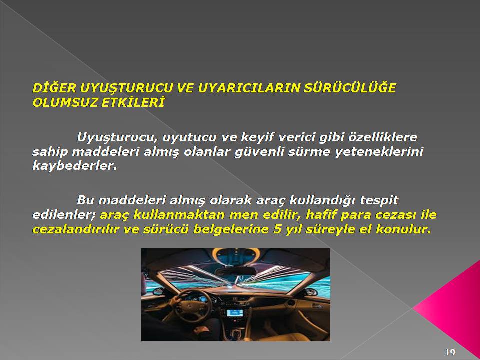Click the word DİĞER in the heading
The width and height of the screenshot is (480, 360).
pos(54,88)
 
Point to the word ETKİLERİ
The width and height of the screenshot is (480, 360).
pos(133,103)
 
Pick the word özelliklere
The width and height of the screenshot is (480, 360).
pos(382,137)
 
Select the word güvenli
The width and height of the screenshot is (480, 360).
pos(259,152)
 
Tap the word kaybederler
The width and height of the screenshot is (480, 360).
pos(75,166)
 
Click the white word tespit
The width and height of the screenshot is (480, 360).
pos(379,201)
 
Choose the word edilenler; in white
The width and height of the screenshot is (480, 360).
pos(64,215)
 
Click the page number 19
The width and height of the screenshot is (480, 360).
pos(450,352)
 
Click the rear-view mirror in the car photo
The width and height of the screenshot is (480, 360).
pos(235,271)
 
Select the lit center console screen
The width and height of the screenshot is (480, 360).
pos(235,313)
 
